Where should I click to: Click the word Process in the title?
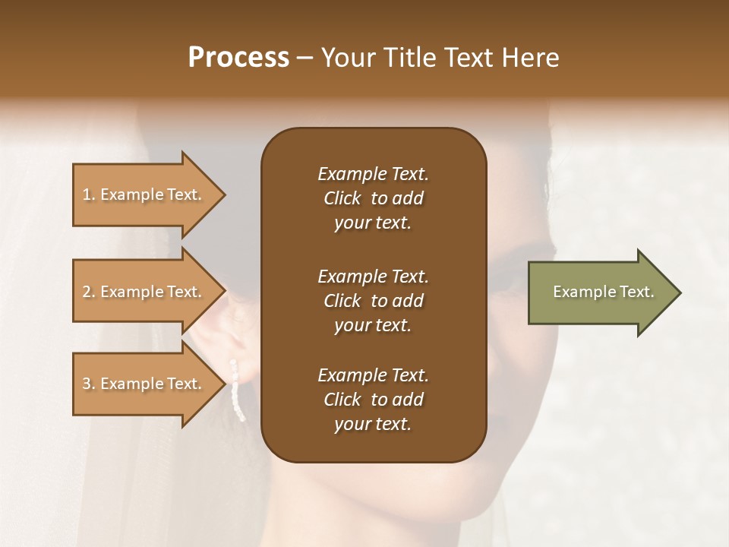pyautogui.click(x=238, y=58)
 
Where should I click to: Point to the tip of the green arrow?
pyautogui.click(x=680, y=292)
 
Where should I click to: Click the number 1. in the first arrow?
pyautogui.click(x=89, y=194)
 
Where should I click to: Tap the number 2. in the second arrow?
pyautogui.click(x=89, y=292)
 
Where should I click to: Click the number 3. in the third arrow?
pyautogui.click(x=89, y=384)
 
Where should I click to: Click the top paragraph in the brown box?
pyautogui.click(x=373, y=198)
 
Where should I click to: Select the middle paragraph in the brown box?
pyautogui.click(x=373, y=300)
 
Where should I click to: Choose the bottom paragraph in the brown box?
pyautogui.click(x=373, y=400)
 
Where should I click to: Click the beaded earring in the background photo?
pyautogui.click(x=238, y=391)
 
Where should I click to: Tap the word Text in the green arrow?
pyautogui.click(x=637, y=292)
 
